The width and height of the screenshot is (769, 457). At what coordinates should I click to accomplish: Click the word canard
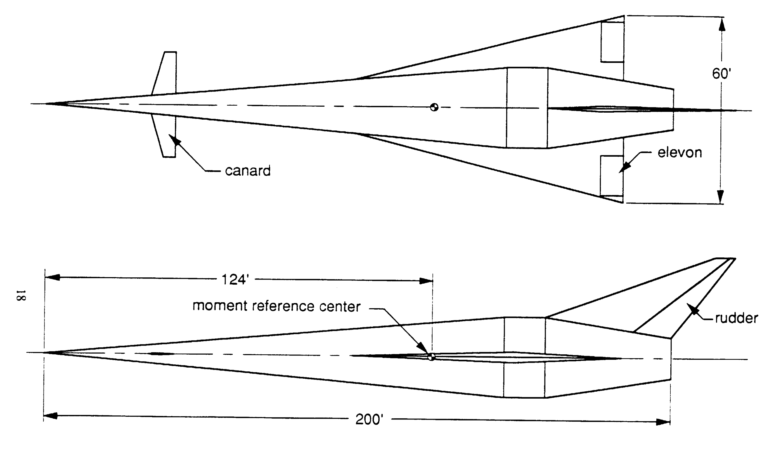(248, 171)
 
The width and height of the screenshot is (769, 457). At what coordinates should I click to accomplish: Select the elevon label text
(680, 153)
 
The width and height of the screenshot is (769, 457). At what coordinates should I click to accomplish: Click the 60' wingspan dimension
(721, 74)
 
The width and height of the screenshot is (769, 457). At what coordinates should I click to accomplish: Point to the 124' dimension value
(235, 280)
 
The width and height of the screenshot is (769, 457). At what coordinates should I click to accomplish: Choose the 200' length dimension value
(369, 419)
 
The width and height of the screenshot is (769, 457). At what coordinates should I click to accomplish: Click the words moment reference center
(276, 306)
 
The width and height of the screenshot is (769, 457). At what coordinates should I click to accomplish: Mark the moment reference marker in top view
(434, 107)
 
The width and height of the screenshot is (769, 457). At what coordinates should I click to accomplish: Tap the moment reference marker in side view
(431, 357)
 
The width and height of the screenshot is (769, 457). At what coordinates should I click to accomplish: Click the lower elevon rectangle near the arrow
(611, 176)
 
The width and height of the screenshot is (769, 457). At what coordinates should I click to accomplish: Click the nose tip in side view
(45, 352)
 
